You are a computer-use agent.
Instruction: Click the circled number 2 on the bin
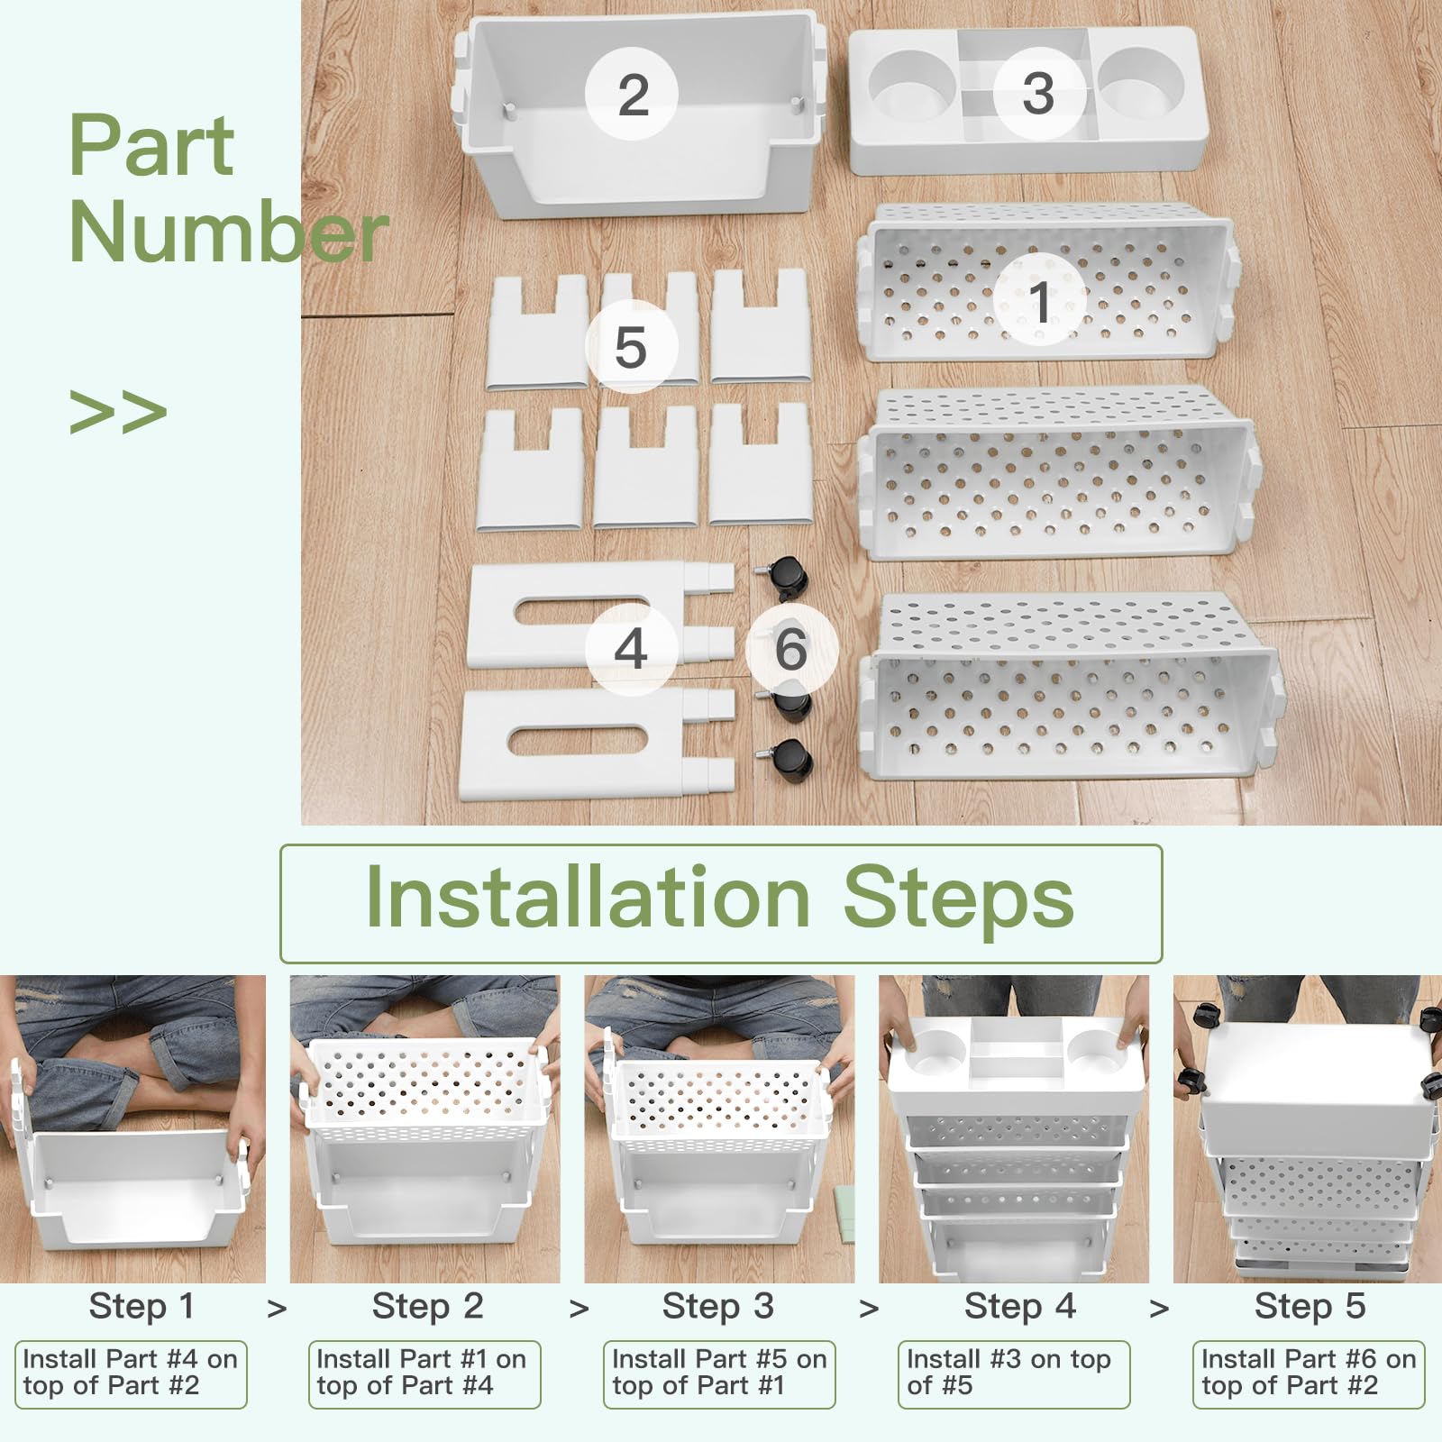[632, 94]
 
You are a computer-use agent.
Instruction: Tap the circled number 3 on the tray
[1039, 93]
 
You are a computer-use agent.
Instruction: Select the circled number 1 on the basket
[1039, 300]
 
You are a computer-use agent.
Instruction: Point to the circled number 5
[631, 347]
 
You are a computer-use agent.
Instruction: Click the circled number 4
[631, 649]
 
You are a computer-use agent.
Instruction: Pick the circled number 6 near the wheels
[791, 649]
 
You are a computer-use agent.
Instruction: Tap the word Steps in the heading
[958, 899]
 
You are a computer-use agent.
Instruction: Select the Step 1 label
[141, 1306]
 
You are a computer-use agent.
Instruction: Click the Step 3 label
[718, 1306]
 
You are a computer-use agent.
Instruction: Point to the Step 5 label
[1310, 1306]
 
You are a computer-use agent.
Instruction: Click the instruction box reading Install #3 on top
[1014, 1374]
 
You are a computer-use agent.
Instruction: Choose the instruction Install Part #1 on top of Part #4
[424, 1374]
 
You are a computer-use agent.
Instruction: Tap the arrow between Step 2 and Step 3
[580, 1309]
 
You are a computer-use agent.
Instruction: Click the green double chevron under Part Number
[118, 412]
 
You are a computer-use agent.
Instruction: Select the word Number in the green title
[229, 231]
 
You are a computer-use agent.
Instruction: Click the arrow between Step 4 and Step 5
[1160, 1309]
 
